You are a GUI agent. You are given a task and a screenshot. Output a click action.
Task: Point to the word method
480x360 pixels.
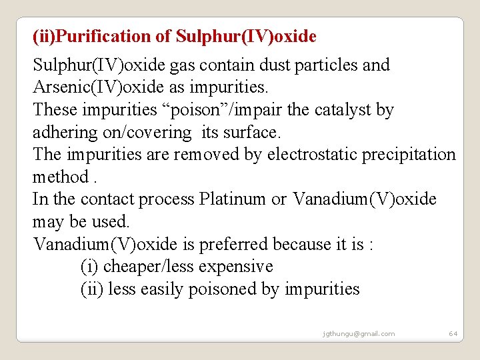[60, 177]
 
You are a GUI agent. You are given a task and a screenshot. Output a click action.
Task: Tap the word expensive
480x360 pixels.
[231, 267]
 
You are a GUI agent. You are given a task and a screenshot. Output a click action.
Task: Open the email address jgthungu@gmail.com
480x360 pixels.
[358, 333]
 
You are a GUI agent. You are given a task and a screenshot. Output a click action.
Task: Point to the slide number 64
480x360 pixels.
[453, 333]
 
